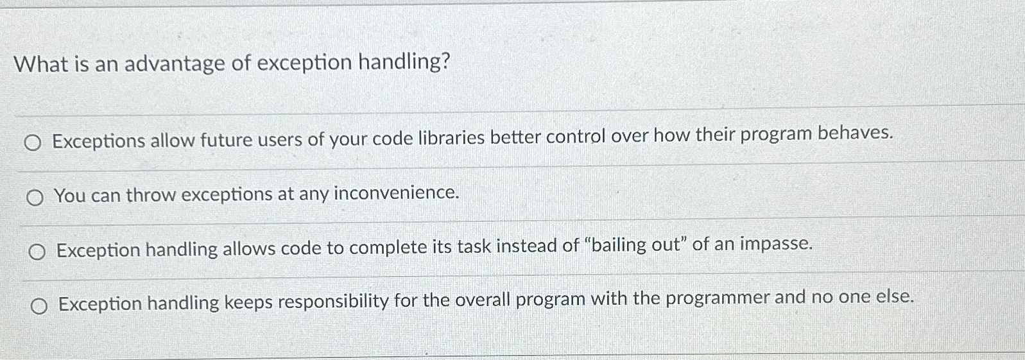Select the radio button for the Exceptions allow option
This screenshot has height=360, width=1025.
click(33, 144)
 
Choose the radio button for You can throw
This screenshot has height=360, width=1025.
click(35, 198)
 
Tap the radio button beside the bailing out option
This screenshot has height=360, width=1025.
click(37, 252)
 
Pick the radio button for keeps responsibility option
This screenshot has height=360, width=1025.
click(39, 306)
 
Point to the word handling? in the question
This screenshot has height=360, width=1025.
click(404, 62)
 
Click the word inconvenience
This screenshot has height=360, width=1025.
click(396, 193)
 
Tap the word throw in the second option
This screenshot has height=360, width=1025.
click(151, 195)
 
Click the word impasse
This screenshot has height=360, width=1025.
click(776, 244)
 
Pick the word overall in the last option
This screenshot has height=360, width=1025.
click(482, 300)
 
